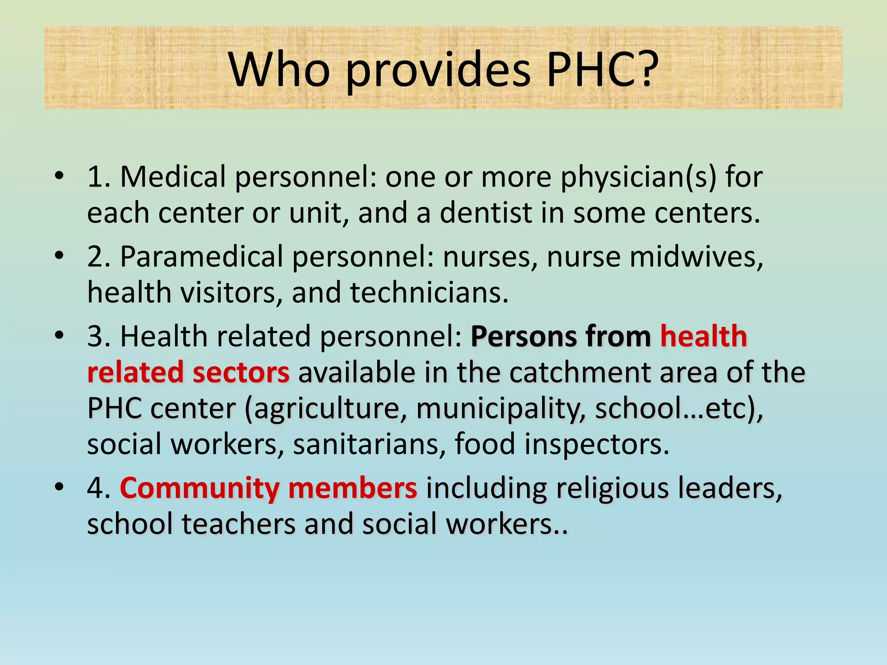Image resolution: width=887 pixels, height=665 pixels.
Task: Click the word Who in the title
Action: tap(279, 69)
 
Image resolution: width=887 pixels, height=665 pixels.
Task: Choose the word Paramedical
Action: tap(201, 257)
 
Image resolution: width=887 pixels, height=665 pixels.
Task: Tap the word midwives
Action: tap(696, 257)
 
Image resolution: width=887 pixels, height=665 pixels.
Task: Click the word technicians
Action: tap(429, 293)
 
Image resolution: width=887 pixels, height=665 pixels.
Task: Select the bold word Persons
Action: tap(524, 336)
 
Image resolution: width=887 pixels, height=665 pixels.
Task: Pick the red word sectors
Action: tap(241, 372)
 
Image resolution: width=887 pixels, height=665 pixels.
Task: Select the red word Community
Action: tap(200, 488)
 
